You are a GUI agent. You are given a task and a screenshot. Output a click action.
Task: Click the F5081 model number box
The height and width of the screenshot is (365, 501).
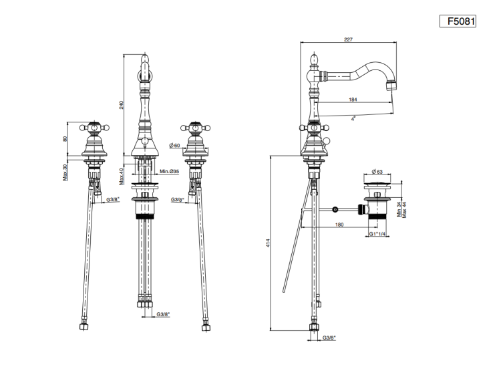pos(458,21)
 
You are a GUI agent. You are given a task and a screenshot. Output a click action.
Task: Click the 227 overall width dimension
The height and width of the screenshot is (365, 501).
pos(348,39)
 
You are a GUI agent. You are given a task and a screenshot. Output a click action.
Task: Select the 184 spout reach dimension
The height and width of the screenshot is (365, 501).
pos(353,100)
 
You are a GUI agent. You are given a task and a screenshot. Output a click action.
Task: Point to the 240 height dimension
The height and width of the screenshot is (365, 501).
pos(122,105)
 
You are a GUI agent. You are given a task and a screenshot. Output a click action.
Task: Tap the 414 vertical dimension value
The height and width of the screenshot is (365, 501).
pos(268,243)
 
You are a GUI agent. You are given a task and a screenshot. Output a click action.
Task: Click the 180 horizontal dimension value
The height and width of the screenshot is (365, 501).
pos(339,225)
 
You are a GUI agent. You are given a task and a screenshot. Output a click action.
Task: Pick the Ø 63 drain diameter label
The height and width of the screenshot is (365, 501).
pos(377,172)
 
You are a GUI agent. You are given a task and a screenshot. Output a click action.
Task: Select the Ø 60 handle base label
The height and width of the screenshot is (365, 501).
pos(175,146)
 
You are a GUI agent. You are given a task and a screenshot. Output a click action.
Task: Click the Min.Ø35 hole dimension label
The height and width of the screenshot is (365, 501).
pos(170,172)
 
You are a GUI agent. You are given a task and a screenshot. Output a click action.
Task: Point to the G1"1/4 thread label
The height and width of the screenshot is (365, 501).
pos(377,233)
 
